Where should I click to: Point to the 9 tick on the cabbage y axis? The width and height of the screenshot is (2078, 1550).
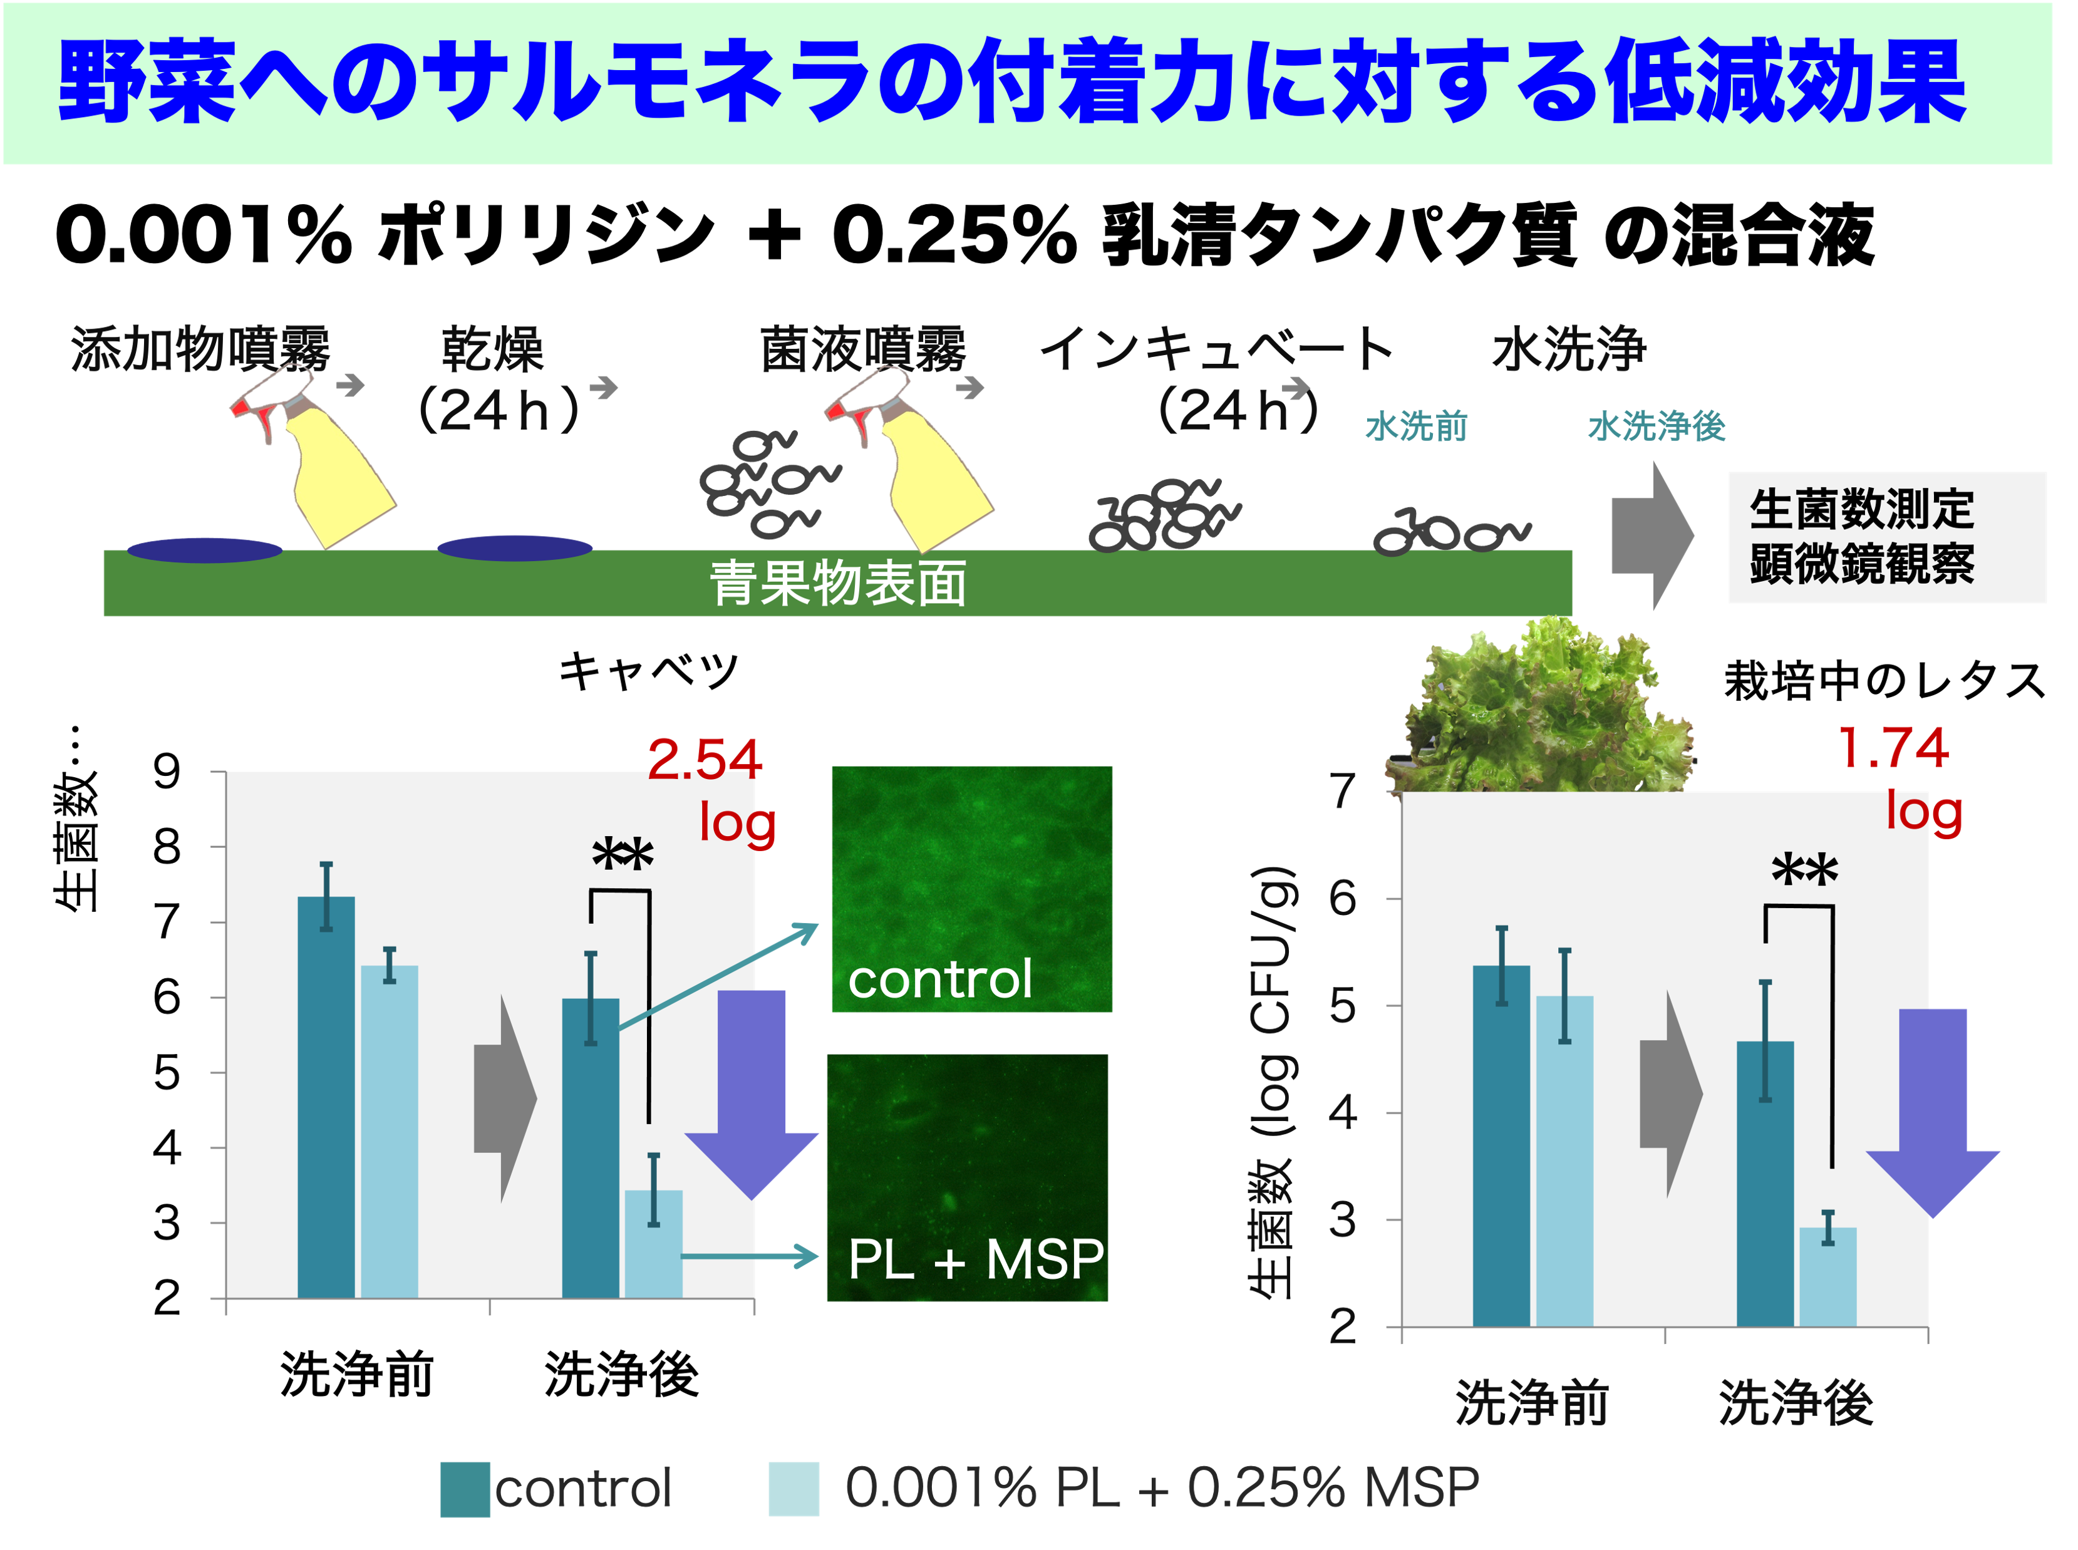pyautogui.click(x=167, y=772)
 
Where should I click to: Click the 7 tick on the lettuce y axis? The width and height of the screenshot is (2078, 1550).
pyautogui.click(x=1343, y=791)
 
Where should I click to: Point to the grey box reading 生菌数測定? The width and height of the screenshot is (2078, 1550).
pyautogui.click(x=1886, y=537)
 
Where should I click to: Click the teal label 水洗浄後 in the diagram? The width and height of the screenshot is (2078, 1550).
pyautogui.click(x=1656, y=427)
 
